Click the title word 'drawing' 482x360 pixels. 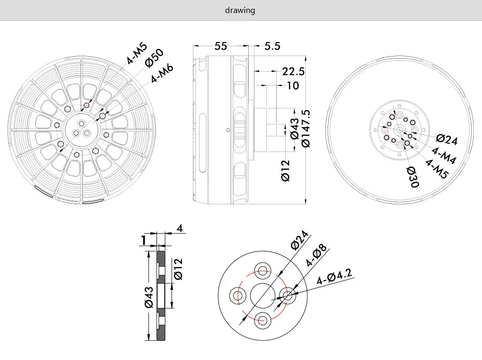click(x=240, y=10)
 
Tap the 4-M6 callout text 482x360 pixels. click(x=162, y=74)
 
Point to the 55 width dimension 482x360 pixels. click(x=221, y=46)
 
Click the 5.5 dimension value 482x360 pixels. click(x=272, y=46)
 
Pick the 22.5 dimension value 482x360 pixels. click(x=293, y=72)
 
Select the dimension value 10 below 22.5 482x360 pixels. click(x=293, y=86)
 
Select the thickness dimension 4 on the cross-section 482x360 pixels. click(x=179, y=228)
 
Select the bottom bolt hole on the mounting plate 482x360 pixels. click(x=263, y=320)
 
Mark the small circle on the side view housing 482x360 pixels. click(x=227, y=129)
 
